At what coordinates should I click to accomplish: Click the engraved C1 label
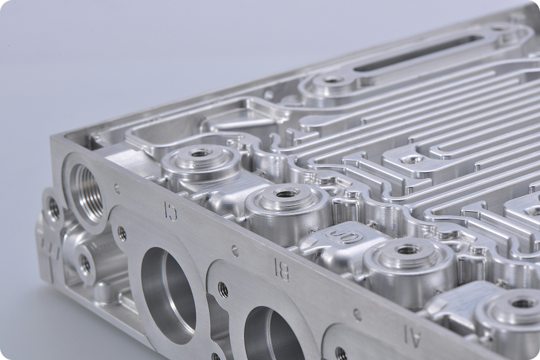tap(170, 209)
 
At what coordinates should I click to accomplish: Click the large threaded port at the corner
tap(84, 183)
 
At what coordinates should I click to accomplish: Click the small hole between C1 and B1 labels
tap(234, 251)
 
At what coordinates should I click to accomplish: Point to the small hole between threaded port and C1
tap(116, 189)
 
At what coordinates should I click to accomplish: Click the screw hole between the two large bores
tap(223, 290)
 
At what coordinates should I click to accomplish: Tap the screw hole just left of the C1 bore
tap(121, 234)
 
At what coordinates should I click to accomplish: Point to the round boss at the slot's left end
tap(332, 83)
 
